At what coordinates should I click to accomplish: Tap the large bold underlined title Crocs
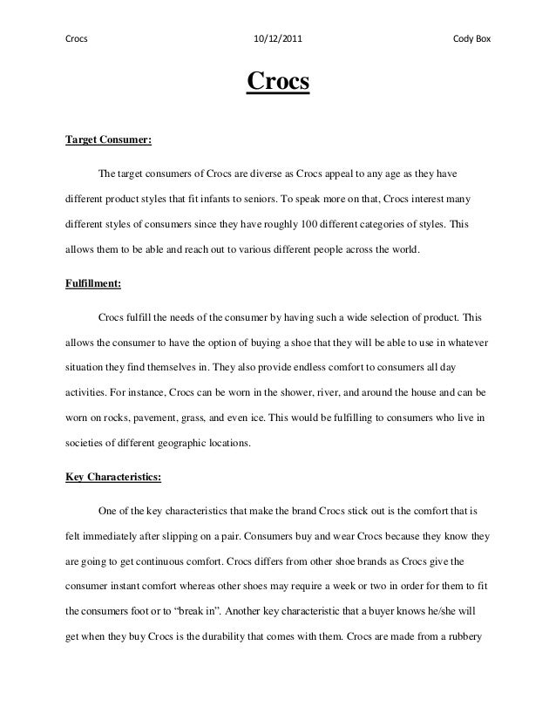pyautogui.click(x=278, y=83)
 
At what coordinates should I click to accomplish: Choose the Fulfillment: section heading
pyautogui.click(x=94, y=283)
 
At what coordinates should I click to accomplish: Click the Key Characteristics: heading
pyautogui.click(x=114, y=477)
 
